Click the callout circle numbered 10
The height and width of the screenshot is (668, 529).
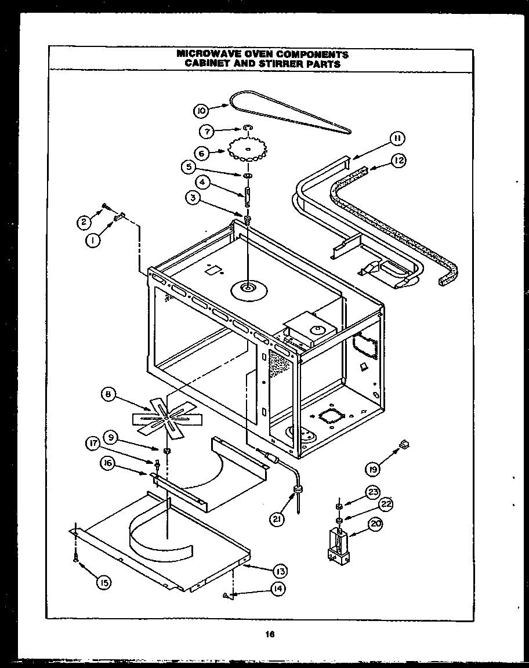point(201,110)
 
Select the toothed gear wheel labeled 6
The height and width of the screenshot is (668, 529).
point(246,150)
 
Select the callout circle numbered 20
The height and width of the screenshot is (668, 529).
point(376,525)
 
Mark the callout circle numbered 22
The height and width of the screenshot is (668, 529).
point(386,504)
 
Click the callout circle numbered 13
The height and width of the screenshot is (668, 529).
point(280,572)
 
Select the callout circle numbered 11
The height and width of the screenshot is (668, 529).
point(397,138)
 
